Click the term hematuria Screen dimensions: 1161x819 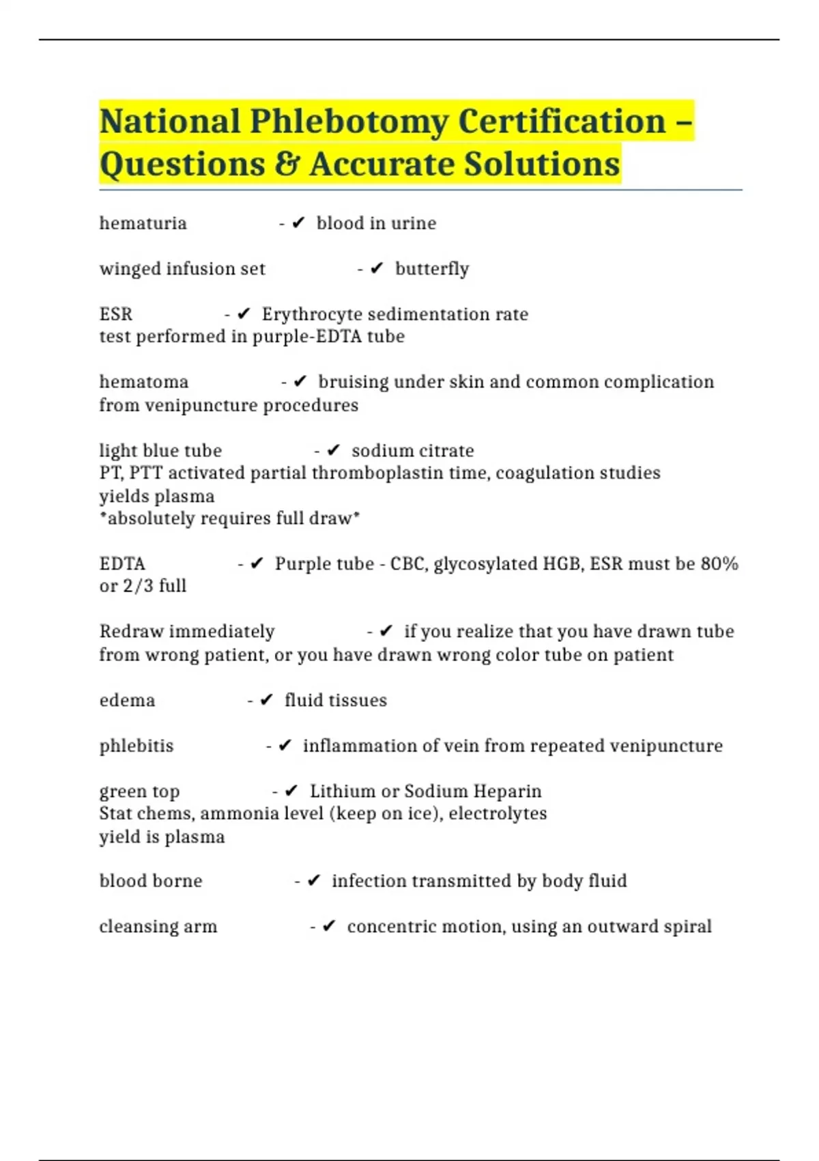point(143,223)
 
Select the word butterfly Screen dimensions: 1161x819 point(432,269)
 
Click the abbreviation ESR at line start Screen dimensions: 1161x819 point(116,314)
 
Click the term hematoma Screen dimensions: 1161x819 point(143,382)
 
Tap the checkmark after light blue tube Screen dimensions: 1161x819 point(334,451)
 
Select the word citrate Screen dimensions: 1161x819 point(446,451)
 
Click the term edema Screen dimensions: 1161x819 point(127,701)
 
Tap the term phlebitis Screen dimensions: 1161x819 point(136,746)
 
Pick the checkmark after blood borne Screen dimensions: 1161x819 point(314,881)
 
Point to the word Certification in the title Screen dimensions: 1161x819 point(562,122)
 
